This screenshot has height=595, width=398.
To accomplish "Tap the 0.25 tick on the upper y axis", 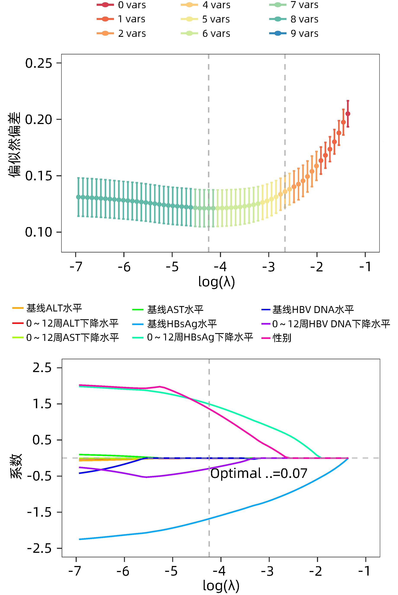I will click(x=38, y=63).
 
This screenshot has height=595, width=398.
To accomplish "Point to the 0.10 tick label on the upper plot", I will click(x=38, y=232).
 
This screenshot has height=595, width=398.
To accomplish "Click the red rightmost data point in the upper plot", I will click(x=348, y=114).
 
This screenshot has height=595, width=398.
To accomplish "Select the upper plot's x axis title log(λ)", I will click(x=217, y=282).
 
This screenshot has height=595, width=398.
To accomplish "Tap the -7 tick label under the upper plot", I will click(x=76, y=267).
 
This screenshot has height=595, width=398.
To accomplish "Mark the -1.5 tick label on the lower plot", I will click(x=39, y=512).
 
